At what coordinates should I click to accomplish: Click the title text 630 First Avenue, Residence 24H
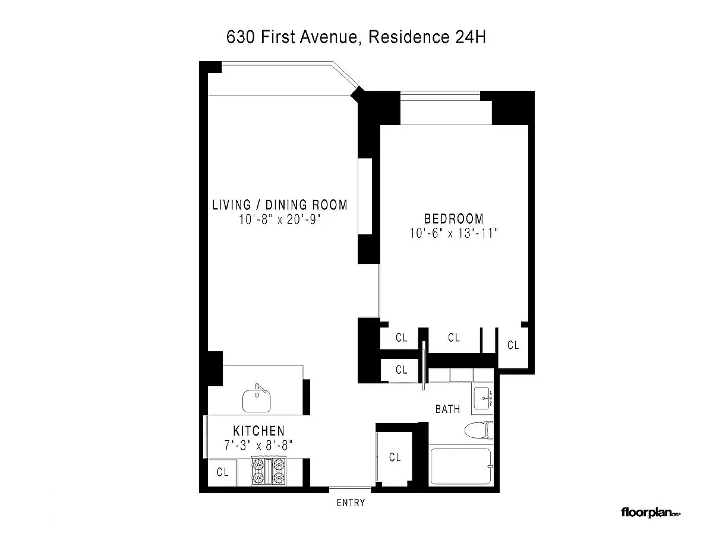(356, 37)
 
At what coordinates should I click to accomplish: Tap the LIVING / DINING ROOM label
(280, 205)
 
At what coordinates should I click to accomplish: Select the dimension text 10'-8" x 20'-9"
(279, 220)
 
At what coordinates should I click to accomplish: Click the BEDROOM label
(454, 218)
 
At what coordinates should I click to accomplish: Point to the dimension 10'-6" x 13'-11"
(454, 233)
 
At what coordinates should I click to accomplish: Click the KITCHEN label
(259, 431)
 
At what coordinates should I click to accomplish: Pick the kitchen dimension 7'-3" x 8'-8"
(258, 446)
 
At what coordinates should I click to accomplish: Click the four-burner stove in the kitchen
(269, 471)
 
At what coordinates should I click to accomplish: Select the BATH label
(447, 409)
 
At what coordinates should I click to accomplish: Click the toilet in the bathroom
(479, 430)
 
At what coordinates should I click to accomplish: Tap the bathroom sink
(482, 398)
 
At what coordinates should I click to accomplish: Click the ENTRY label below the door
(351, 503)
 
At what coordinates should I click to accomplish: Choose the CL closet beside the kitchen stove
(222, 472)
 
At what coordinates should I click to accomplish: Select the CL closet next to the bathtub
(395, 457)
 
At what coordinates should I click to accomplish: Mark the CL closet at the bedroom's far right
(513, 345)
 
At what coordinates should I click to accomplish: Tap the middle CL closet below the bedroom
(454, 338)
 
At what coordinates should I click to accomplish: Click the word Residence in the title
(409, 37)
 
